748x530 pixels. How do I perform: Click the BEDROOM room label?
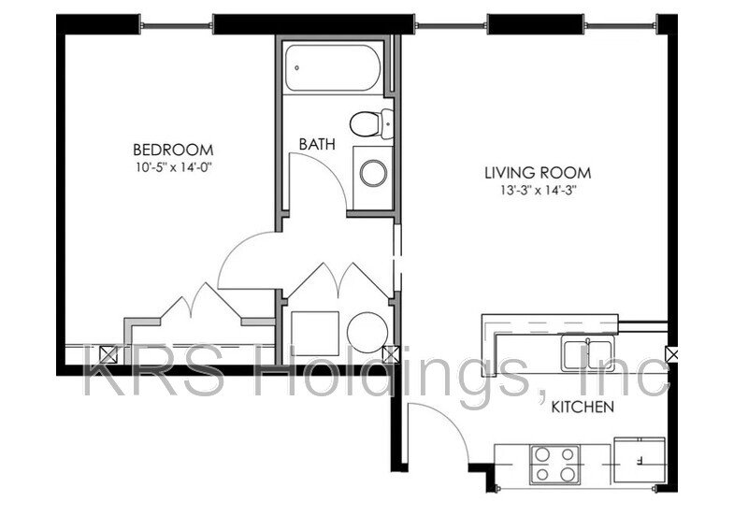coord(172,150)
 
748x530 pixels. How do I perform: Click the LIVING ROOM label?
coord(538,173)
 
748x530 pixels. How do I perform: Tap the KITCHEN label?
coord(582,407)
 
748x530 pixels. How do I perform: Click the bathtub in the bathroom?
coord(333,67)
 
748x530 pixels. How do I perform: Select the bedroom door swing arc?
coord(245,256)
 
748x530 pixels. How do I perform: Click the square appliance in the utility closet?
coord(312,332)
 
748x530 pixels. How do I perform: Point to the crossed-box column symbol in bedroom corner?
coord(107,353)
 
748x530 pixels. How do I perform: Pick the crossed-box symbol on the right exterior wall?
coord(671,354)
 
